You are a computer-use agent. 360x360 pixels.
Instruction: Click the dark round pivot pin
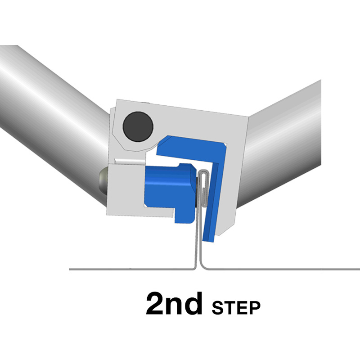(x=138, y=126)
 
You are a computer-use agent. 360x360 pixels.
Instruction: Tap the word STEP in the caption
(x=236, y=308)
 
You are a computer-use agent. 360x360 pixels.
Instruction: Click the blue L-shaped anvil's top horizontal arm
(x=190, y=149)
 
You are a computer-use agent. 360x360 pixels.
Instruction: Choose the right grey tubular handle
(x=283, y=142)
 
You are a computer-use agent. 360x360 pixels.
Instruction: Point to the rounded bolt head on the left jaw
(x=103, y=181)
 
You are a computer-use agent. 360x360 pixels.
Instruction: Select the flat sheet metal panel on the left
(x=131, y=269)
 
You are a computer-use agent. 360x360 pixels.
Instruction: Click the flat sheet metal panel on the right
(x=283, y=269)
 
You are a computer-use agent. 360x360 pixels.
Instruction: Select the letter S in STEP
(x=217, y=308)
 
